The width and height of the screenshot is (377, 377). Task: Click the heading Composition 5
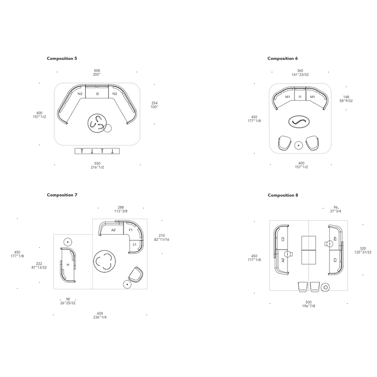tap(62, 58)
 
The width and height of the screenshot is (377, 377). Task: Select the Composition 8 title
tap(283, 195)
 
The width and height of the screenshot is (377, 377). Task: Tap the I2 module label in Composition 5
tap(97, 94)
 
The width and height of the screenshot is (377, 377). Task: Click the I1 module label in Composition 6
tap(300, 97)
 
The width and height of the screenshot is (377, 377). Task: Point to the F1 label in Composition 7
tap(131, 230)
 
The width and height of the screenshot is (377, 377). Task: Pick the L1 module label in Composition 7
tap(134, 245)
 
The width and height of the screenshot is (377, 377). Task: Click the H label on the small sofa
tap(68, 265)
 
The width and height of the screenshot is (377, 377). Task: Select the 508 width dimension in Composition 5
tap(97, 71)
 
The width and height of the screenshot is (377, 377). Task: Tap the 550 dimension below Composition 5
tap(97, 164)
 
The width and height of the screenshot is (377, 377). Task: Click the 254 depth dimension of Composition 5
tap(155, 103)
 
